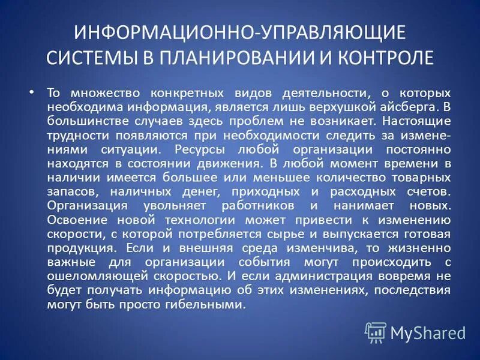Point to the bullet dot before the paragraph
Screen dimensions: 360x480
click(x=32, y=93)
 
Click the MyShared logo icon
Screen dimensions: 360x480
click(x=376, y=332)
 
